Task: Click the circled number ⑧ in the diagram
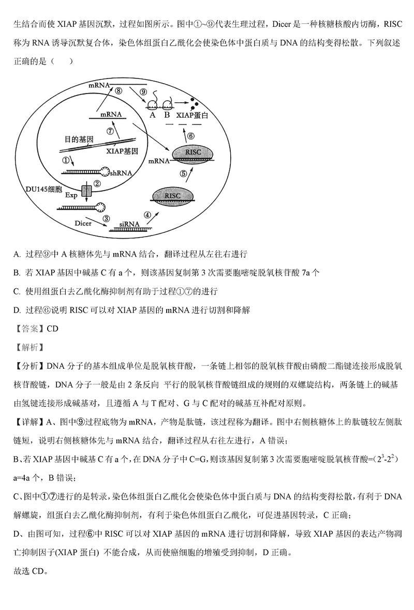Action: (x=119, y=91)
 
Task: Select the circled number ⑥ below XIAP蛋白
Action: (x=190, y=136)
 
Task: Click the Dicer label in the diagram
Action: (x=83, y=224)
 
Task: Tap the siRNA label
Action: (x=129, y=223)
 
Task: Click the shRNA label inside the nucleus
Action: (x=121, y=173)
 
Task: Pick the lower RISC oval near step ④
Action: (x=172, y=196)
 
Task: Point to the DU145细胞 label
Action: (x=43, y=190)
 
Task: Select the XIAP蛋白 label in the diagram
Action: (x=192, y=116)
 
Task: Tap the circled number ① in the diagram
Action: (x=66, y=160)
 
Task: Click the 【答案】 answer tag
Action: (x=29, y=328)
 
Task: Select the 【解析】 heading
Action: (x=29, y=347)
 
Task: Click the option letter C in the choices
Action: (x=17, y=291)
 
